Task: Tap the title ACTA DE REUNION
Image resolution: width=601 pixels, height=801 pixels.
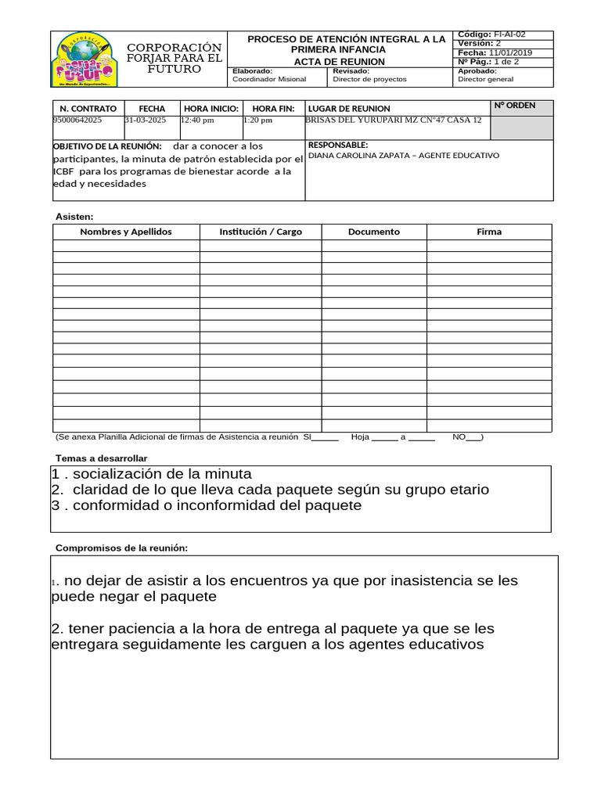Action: pyautogui.click(x=339, y=62)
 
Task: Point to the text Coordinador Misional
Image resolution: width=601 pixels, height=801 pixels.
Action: pyautogui.click(x=269, y=79)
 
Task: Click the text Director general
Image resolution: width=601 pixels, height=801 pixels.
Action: pyautogui.click(x=485, y=79)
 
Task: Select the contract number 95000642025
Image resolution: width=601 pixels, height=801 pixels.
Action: pyautogui.click(x=77, y=120)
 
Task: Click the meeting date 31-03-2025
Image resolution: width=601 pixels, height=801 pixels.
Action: pyautogui.click(x=146, y=120)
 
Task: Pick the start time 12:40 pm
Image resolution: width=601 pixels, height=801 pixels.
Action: pyautogui.click(x=197, y=120)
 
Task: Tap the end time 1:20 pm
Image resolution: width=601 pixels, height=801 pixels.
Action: pyautogui.click(x=258, y=120)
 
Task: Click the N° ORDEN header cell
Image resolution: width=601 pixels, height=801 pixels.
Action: pyautogui.click(x=515, y=106)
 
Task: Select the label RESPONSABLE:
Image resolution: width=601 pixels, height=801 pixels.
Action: pyautogui.click(x=338, y=145)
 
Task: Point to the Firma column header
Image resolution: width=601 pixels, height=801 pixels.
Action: pyautogui.click(x=489, y=232)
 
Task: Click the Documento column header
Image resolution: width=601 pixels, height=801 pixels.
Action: pyautogui.click(x=373, y=232)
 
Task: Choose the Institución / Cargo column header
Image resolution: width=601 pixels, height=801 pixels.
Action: pyautogui.click(x=261, y=232)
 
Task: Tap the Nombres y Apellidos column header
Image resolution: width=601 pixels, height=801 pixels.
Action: pyautogui.click(x=126, y=232)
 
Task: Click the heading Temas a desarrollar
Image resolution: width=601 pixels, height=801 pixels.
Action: pyautogui.click(x=101, y=458)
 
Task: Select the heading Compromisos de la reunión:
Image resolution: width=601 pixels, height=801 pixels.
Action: pyautogui.click(x=121, y=548)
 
